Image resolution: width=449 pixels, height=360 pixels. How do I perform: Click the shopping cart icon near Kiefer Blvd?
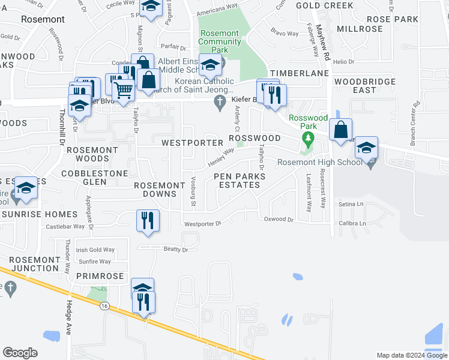click(124, 91)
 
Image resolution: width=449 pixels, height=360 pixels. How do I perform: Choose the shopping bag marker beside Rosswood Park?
click(340, 130)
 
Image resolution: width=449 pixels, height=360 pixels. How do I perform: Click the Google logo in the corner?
click(20, 353)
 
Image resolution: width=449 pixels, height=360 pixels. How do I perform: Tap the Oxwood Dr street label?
click(279, 220)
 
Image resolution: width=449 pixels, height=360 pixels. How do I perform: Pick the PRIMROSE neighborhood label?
click(100, 277)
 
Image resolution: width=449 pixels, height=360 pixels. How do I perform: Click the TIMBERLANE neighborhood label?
click(300, 73)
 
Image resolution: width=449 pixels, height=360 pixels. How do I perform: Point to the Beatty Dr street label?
click(176, 250)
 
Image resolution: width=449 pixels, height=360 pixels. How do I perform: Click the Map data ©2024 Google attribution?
click(411, 355)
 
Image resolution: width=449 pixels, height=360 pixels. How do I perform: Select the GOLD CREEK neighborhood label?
click(324, 5)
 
